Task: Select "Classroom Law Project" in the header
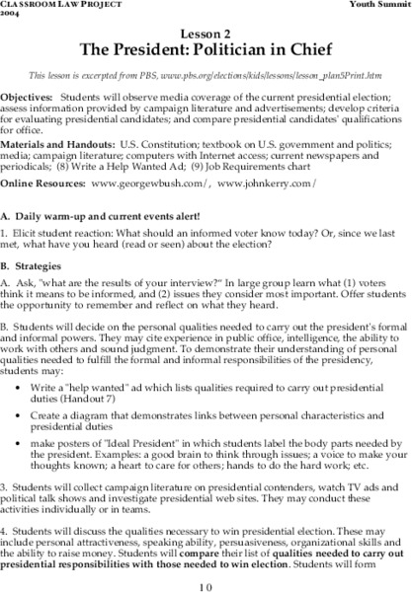coord(45,6)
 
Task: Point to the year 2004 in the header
coord(11,15)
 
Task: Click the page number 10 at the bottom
coord(205,583)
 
